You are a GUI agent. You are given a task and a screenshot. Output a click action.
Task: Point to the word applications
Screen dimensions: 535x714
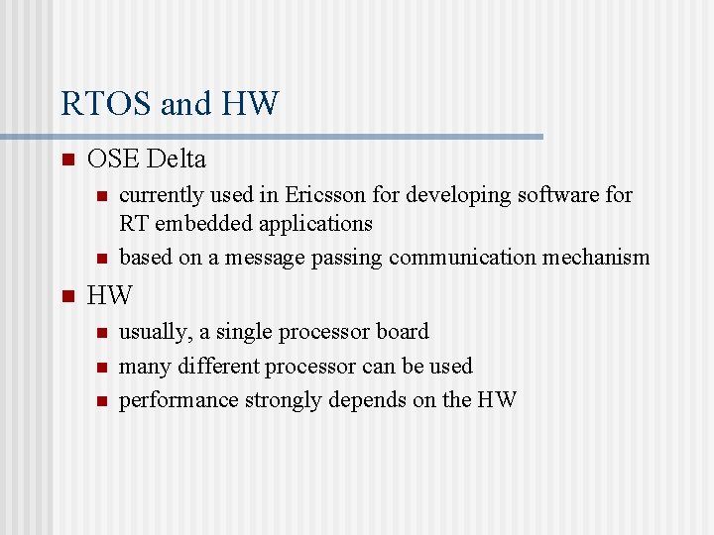(315, 224)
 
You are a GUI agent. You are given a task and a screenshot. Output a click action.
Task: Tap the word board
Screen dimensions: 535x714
(402, 332)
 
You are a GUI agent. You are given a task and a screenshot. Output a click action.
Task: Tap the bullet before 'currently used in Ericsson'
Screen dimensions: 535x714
(100, 196)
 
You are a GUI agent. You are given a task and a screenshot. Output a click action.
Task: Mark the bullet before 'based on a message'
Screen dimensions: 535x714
(100, 259)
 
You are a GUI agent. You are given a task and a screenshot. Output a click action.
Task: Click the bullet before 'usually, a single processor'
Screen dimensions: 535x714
(100, 333)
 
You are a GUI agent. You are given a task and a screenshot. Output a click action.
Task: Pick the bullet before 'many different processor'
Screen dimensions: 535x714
(100, 368)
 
